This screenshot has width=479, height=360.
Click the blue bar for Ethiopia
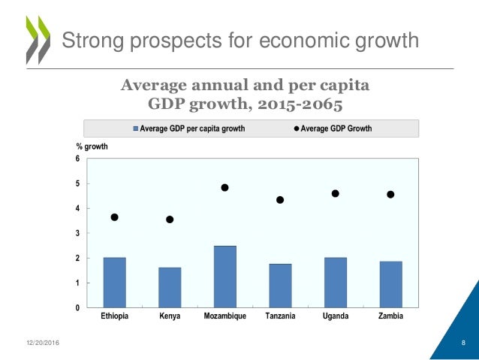(114, 283)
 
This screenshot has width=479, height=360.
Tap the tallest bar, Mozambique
(224, 277)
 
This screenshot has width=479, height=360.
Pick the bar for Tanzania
(280, 286)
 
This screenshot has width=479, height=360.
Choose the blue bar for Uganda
(336, 283)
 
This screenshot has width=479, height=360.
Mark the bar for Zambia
(390, 284)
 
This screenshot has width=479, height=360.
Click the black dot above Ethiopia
(114, 217)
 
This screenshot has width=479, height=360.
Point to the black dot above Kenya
(170, 219)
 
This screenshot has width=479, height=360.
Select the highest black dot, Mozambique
(224, 187)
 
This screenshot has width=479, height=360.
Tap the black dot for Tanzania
(280, 200)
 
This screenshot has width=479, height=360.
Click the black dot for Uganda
(336, 193)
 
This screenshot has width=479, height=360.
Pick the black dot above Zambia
(390, 195)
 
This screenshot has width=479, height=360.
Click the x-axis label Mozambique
(224, 316)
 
